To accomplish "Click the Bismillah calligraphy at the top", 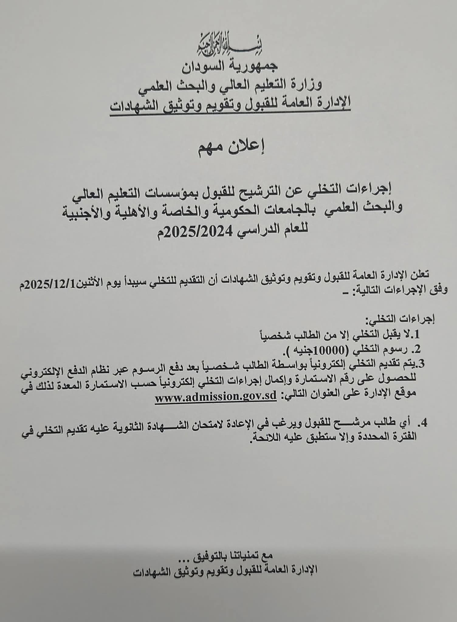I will [x=228, y=48].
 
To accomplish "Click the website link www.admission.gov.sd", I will [x=215, y=397].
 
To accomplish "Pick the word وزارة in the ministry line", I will [x=307, y=84].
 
